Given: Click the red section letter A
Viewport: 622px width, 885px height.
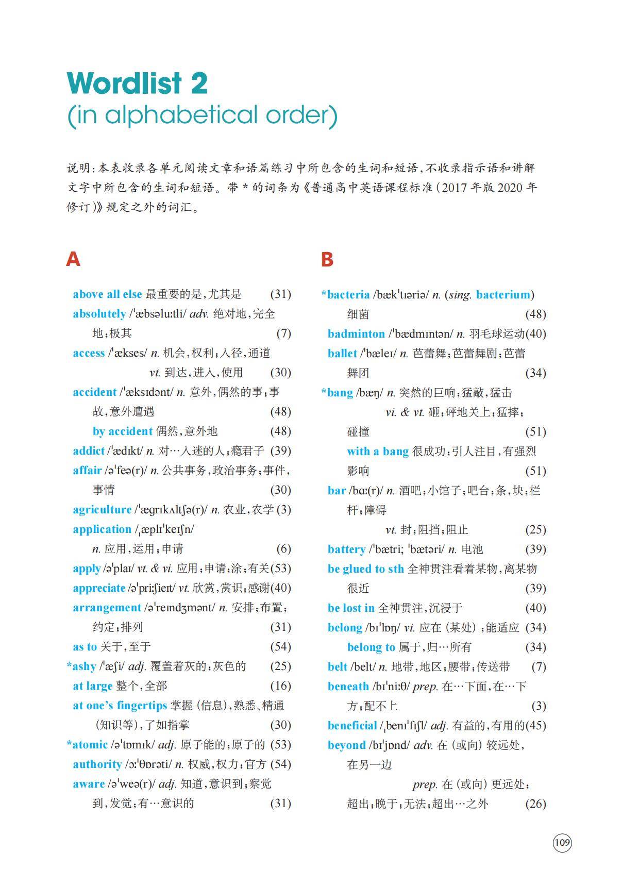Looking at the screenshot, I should point(73,259).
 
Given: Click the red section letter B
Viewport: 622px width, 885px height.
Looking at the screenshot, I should point(327,259).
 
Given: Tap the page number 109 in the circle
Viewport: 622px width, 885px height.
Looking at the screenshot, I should point(562,843).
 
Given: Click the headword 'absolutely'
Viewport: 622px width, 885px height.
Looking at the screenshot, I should point(99,314).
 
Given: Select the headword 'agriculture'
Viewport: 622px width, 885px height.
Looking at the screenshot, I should point(102,510).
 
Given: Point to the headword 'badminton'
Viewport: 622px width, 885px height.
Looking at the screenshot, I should point(356,333).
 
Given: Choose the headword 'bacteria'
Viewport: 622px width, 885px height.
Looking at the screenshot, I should point(348,294).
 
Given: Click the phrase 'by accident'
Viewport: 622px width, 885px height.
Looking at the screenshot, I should point(122,431).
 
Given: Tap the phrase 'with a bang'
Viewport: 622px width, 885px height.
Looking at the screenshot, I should point(378,452).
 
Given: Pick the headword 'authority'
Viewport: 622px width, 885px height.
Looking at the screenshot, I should point(97,764).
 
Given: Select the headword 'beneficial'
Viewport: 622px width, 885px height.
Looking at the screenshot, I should point(352,726).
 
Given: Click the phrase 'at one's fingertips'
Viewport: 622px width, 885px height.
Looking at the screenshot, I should point(120,706).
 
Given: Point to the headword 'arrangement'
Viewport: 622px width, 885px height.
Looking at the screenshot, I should point(107,608).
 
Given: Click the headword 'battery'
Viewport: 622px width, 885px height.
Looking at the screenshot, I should point(346,549).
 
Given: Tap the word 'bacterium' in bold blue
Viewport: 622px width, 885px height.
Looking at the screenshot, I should point(503,294).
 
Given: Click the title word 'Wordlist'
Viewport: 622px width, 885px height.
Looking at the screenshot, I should point(125,83).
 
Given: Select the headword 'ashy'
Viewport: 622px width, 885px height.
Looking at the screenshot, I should point(84,666).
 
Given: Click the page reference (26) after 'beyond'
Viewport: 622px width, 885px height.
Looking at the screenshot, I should point(535,804).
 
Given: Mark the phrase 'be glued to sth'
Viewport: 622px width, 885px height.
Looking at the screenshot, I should point(366,569).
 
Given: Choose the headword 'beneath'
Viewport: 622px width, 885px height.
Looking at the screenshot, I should point(348,687).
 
